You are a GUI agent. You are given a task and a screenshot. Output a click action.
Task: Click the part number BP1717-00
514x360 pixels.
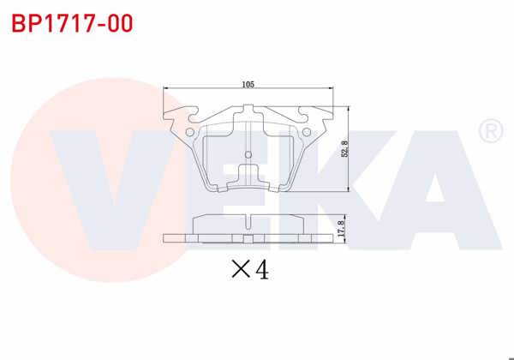pos(72,23)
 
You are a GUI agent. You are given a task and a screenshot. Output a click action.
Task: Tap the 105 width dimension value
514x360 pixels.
pos(248,84)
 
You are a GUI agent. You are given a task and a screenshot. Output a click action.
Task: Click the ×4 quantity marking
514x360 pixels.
pos(250,270)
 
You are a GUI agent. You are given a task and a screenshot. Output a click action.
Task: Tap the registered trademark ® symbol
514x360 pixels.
pos(489,131)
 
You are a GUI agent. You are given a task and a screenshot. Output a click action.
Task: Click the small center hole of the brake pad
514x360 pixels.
pos(248,155)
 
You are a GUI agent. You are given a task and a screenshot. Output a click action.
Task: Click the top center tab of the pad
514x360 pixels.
pos(248,111)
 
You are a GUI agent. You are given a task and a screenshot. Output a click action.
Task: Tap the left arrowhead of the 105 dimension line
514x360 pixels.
pos(165,89)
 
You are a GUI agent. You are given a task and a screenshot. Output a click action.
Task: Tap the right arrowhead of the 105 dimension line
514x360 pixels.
pos(330,89)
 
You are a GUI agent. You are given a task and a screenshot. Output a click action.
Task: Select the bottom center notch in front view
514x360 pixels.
pos(248,184)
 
